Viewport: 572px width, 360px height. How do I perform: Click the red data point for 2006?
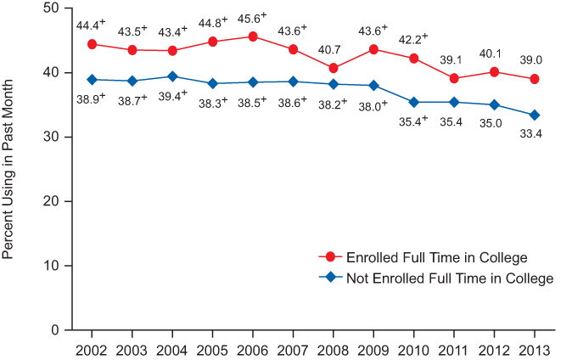(253, 37)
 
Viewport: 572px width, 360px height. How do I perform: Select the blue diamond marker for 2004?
(172, 76)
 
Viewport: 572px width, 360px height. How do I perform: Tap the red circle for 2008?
(334, 68)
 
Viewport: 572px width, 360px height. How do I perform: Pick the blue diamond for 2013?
(534, 115)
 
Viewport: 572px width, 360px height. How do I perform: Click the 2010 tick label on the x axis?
(413, 350)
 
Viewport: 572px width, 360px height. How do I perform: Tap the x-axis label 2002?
(92, 350)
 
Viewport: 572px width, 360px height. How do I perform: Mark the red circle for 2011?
(454, 78)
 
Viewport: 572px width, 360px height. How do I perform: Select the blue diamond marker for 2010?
(413, 102)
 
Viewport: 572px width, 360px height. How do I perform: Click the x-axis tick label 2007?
(293, 350)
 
